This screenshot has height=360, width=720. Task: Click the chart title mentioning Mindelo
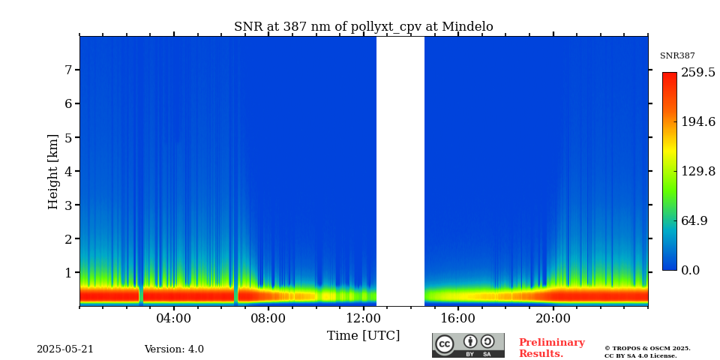pos(363,27)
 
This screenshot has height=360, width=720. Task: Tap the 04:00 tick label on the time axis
pos(174,318)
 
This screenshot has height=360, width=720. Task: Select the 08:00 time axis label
pos(268,318)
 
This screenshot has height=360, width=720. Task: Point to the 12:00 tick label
pos(363,318)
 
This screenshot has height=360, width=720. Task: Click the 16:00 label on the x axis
pos(458,318)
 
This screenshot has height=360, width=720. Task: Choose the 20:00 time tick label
pos(553,318)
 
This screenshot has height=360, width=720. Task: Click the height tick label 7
pos(67,70)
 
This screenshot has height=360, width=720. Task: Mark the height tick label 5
pos(67,137)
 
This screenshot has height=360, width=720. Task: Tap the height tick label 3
pos(67,205)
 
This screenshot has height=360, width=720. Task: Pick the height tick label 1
pos(67,272)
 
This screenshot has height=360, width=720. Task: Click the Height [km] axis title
pos(53,171)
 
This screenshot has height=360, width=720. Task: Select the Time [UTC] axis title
pos(363,335)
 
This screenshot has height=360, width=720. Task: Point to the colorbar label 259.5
pos(697,73)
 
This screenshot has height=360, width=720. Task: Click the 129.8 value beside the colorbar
pos(697,171)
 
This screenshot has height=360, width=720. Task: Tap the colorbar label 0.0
pos(691,270)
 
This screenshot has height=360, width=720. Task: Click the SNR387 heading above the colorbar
pos(677,56)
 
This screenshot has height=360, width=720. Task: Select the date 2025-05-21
pos(65,349)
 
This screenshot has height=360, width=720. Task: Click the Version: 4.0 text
pos(174,349)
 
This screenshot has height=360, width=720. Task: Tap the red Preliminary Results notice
pos(551,348)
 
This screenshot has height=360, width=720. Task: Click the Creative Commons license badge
pos(468,345)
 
